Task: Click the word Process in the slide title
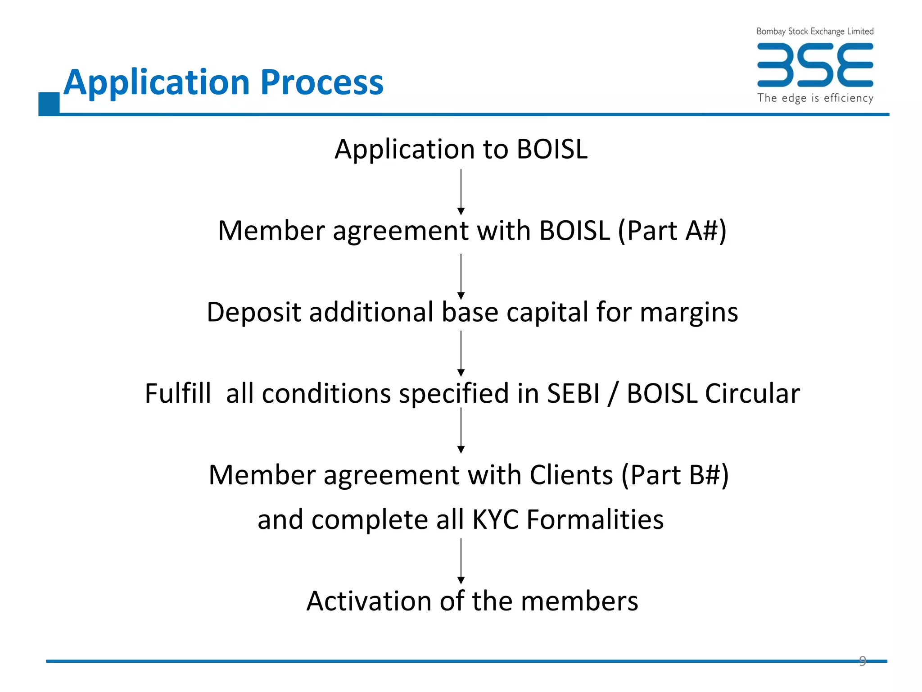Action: click(322, 82)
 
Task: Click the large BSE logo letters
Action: click(815, 65)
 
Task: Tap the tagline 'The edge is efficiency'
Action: click(815, 98)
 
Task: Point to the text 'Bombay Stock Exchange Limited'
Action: click(815, 31)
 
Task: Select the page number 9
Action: click(863, 660)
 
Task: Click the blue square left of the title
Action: click(49, 103)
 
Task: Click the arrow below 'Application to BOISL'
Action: click(461, 192)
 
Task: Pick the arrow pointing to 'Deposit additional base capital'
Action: click(461, 276)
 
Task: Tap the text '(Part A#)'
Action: click(672, 231)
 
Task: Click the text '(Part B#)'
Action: click(675, 475)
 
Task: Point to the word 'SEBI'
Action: click(574, 393)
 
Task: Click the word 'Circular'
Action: click(752, 393)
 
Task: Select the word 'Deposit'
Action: click(254, 312)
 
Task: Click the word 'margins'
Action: click(689, 312)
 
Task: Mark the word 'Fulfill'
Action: click(178, 393)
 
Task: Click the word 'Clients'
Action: click(571, 475)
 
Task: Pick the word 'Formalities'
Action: click(595, 519)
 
